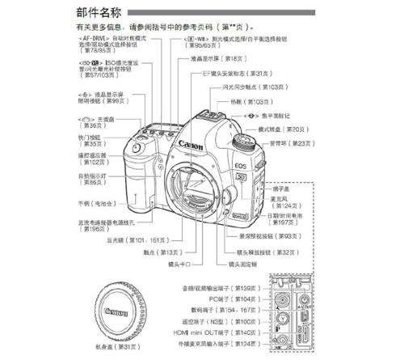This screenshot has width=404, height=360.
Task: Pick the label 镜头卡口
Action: click(178, 265)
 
